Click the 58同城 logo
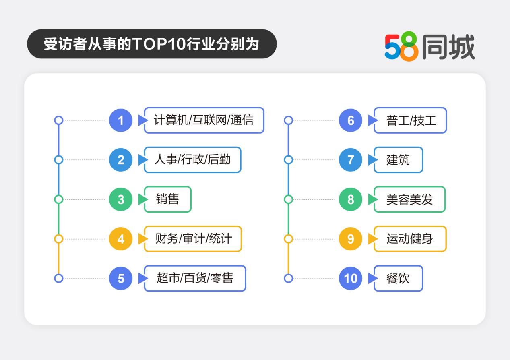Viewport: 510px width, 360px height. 429,46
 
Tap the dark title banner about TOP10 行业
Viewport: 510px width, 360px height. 152,44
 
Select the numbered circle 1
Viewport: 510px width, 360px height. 121,120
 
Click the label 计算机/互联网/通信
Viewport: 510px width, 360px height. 204,120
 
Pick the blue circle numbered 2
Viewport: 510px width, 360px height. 121,160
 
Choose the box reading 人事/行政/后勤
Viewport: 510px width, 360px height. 193,160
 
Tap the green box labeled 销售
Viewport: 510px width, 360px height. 167,199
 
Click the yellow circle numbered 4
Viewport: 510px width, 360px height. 121,239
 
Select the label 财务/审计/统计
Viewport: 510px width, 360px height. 193,239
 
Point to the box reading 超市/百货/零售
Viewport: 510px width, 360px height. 195,278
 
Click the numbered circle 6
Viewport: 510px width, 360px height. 350,120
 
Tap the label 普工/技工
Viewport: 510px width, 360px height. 410,120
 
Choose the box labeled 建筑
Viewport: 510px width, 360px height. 399,160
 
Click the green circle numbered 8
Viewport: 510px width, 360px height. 350,199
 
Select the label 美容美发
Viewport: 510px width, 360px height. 410,199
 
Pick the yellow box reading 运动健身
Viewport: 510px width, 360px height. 410,239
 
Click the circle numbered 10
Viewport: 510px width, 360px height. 350,278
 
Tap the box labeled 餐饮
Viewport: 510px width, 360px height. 399,278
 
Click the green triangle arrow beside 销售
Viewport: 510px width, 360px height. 143,199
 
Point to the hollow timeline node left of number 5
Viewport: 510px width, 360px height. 59,278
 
